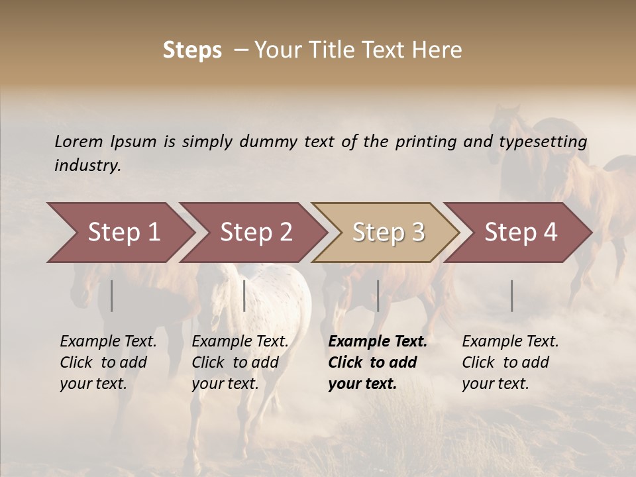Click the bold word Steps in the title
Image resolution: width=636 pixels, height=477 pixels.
coord(192,50)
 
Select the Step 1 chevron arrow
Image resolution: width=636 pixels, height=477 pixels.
coord(119,233)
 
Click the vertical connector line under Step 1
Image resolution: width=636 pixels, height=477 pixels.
coord(111,295)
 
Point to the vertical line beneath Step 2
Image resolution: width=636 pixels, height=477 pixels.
coord(244,295)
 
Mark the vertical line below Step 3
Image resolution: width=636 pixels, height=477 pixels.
coord(378,295)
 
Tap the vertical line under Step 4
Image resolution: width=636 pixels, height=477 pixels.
coord(511,295)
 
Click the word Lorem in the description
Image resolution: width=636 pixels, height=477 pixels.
coord(79,142)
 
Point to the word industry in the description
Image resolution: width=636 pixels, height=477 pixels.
coord(87,166)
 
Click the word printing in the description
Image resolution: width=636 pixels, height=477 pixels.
coord(425,142)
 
